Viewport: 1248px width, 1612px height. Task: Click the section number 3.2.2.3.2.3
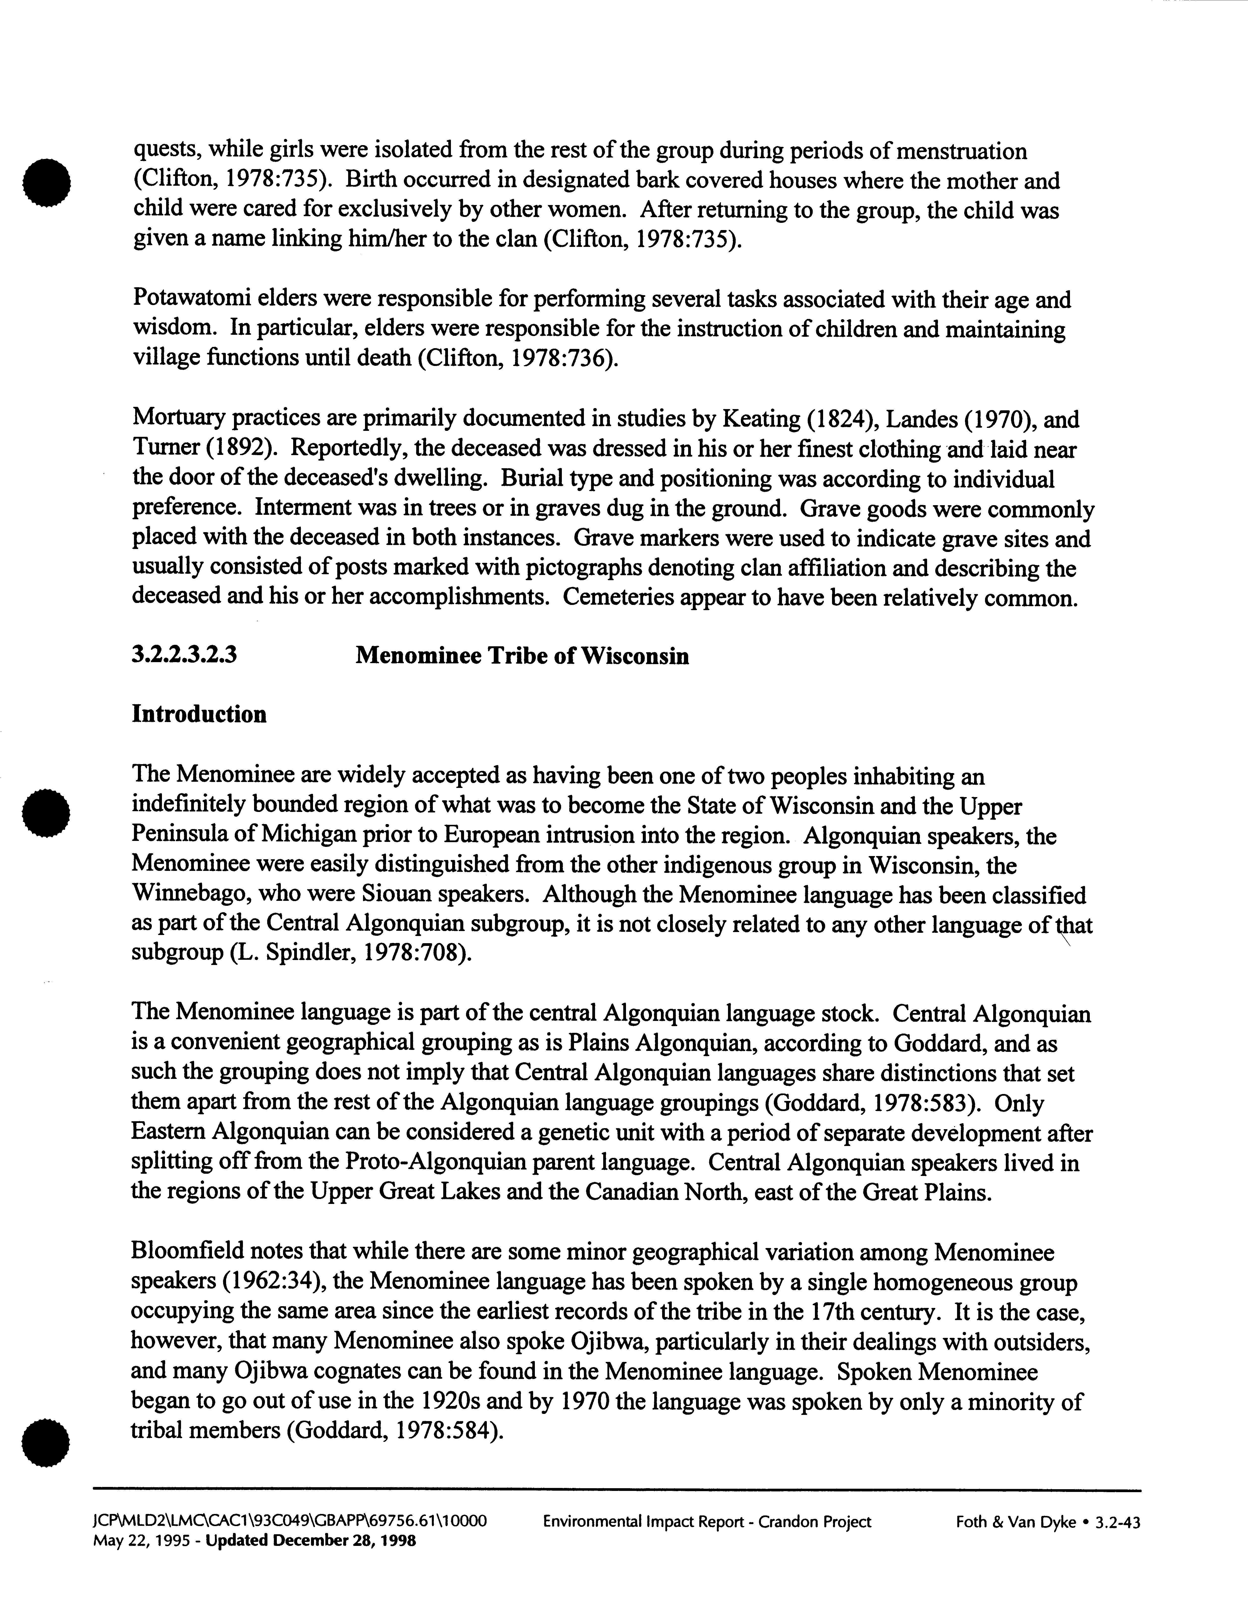pyautogui.click(x=184, y=655)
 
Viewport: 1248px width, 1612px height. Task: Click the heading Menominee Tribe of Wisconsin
pyautogui.click(x=522, y=655)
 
